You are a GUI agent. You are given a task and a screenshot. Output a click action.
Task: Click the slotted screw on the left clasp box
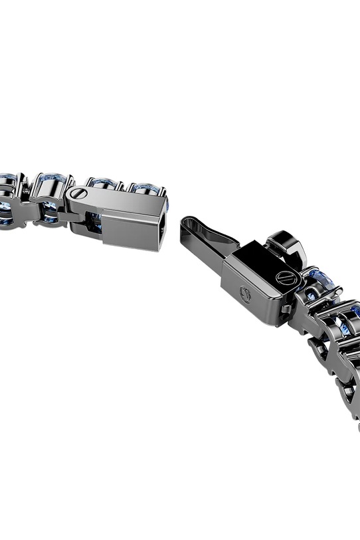(78, 194)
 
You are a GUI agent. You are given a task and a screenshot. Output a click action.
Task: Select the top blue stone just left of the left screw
(49, 182)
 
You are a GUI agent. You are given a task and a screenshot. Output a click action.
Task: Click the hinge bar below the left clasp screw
(83, 223)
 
